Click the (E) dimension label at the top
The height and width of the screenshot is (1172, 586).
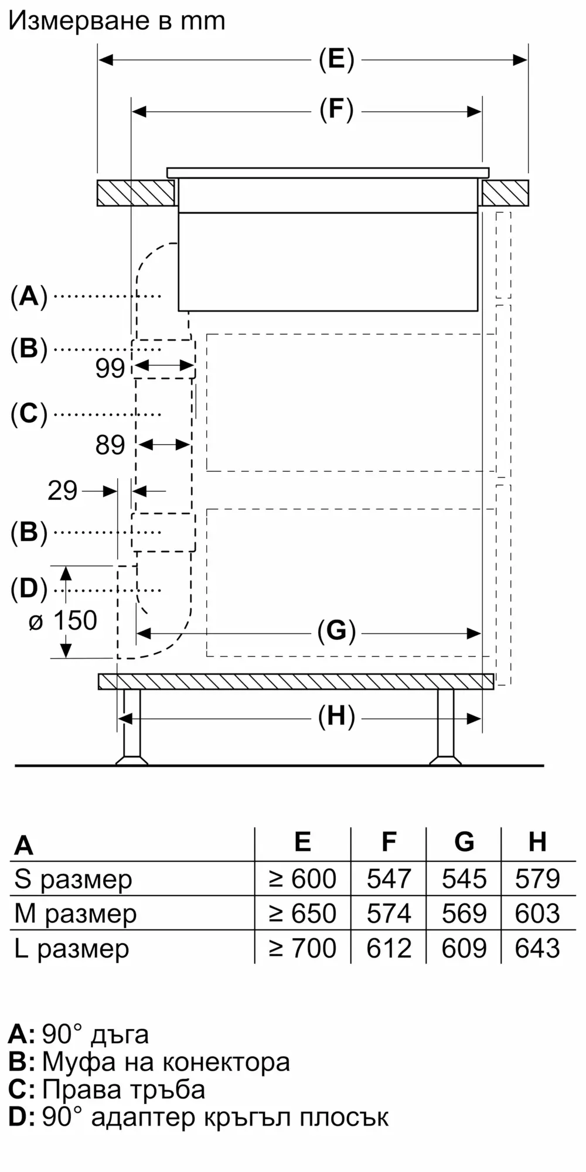click(336, 59)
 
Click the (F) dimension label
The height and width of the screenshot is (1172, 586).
click(336, 110)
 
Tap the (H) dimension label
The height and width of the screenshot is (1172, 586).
click(336, 717)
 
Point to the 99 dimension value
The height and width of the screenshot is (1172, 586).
click(110, 369)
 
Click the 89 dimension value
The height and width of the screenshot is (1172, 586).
click(110, 445)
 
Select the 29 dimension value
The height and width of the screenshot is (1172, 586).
click(62, 490)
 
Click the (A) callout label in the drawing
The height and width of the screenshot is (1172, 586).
click(29, 297)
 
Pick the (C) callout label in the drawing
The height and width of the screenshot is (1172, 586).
click(29, 414)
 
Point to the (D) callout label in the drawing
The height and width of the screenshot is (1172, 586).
click(29, 589)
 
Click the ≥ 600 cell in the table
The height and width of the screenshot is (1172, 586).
click(303, 879)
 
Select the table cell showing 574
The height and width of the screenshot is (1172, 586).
click(389, 914)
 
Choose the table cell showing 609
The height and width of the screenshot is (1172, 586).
click(464, 948)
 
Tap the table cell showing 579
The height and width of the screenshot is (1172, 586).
click(537, 879)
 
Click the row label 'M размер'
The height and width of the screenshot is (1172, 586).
click(75, 914)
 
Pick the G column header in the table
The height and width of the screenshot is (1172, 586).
click(464, 842)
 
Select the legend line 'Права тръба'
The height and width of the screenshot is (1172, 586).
click(123, 1090)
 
